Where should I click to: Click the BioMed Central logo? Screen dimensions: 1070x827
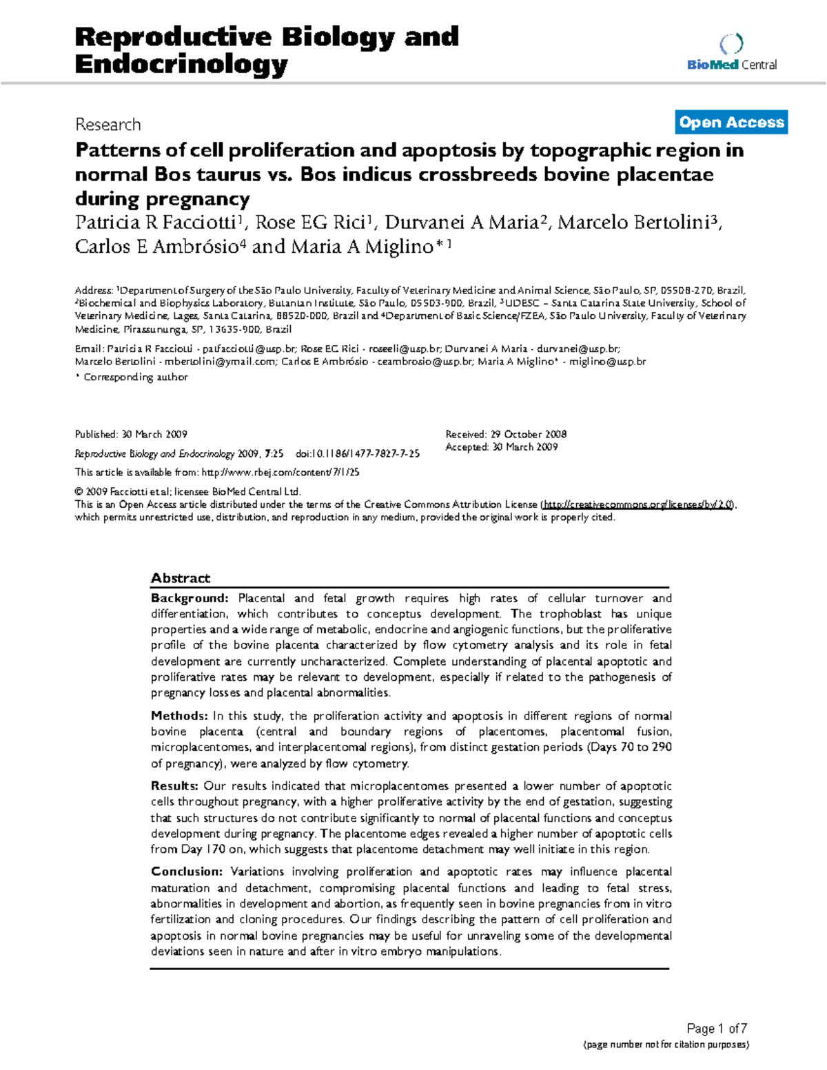point(731,54)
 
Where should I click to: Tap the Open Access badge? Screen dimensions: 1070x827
point(731,123)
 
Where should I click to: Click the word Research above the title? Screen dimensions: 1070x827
point(108,125)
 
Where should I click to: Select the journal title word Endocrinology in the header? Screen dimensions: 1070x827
point(181,65)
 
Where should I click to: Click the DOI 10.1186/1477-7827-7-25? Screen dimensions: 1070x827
point(358,454)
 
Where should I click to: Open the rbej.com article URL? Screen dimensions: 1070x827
point(280,473)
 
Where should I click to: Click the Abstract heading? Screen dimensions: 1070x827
point(181,578)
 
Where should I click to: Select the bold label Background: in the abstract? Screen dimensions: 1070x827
point(190,598)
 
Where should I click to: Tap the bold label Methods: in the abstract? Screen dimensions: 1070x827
point(179,716)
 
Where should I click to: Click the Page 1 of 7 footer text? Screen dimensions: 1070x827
point(717,1029)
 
